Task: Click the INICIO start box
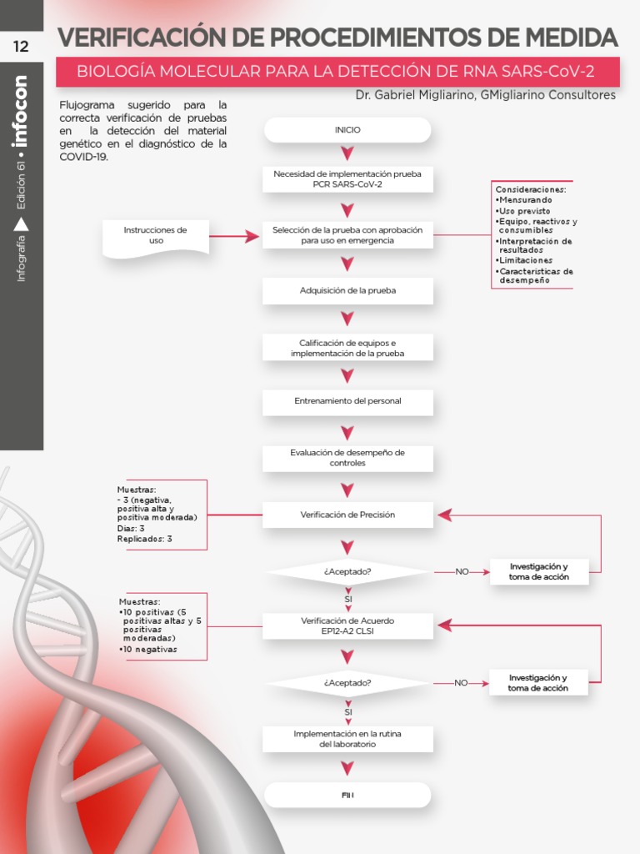click(x=347, y=130)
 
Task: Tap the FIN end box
click(x=347, y=795)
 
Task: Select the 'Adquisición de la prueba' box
click(x=347, y=290)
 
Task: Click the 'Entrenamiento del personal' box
click(x=347, y=401)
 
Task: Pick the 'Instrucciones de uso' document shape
click(x=155, y=236)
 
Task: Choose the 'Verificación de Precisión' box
click(x=347, y=515)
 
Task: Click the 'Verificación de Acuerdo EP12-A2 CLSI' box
click(x=347, y=626)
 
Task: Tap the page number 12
click(x=21, y=47)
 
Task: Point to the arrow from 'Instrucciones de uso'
click(x=234, y=237)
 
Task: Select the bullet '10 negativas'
click(x=150, y=650)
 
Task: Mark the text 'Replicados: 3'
click(x=145, y=539)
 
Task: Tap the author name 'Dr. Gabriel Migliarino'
click(x=410, y=95)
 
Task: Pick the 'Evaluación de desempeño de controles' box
click(x=347, y=457)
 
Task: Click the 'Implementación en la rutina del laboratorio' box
click(x=347, y=738)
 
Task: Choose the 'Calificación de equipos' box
click(x=347, y=348)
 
